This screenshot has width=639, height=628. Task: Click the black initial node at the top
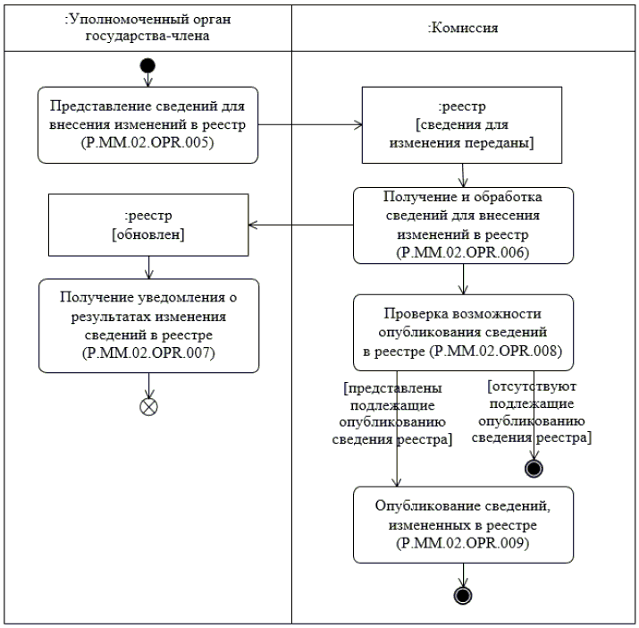148,66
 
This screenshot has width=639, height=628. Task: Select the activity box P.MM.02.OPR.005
148,125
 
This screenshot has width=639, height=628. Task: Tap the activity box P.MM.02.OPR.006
463,225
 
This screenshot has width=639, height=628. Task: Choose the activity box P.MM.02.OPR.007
148,325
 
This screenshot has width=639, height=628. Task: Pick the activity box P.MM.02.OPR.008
463,332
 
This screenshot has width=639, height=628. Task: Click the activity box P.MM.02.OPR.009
463,524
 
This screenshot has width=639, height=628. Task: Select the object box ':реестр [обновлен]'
148,225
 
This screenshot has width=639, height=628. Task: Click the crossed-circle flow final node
148,405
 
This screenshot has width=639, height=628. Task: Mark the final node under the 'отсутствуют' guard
535,467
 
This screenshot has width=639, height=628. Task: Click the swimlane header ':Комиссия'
463,28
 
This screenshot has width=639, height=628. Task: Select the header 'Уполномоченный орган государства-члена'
148,28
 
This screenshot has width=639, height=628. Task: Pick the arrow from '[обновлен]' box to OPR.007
148,266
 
